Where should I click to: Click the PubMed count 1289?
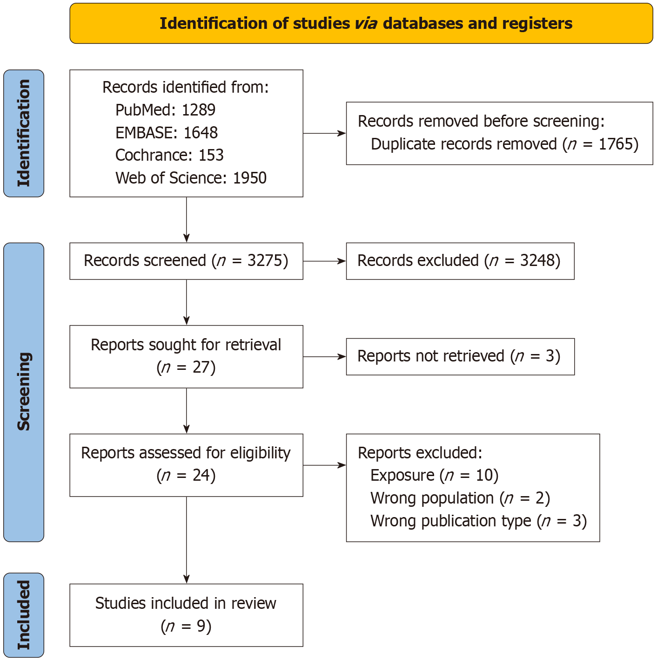[x=198, y=110]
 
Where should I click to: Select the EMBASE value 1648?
[x=201, y=133]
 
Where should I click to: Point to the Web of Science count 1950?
[x=249, y=178]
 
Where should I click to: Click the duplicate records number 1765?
[x=615, y=144]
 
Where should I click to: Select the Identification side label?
[x=24, y=133]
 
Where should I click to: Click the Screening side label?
[x=24, y=391]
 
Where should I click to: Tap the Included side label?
[x=24, y=615]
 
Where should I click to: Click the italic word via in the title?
[x=366, y=24]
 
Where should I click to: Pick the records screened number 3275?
[x=264, y=261]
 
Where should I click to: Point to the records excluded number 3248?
[x=537, y=261]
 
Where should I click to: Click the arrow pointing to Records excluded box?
[x=324, y=261]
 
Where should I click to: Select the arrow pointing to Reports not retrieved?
[x=324, y=357]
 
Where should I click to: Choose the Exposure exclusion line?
[x=434, y=476]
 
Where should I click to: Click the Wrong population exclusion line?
[x=460, y=498]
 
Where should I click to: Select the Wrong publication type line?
[x=479, y=521]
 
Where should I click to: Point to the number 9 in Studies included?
[x=201, y=627]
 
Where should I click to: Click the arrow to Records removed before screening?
[x=324, y=133]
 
